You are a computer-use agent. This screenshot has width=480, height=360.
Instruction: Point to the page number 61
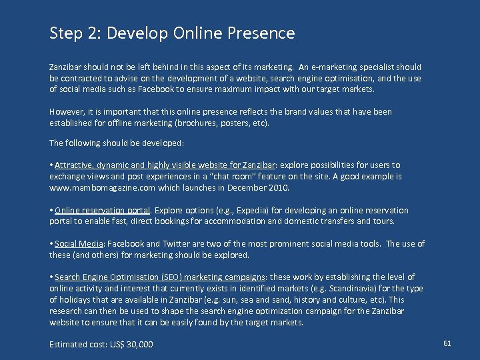click(447, 343)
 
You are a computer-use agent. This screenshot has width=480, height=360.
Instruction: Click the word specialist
click(376, 67)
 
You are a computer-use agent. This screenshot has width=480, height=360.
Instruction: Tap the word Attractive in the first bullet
click(74, 165)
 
